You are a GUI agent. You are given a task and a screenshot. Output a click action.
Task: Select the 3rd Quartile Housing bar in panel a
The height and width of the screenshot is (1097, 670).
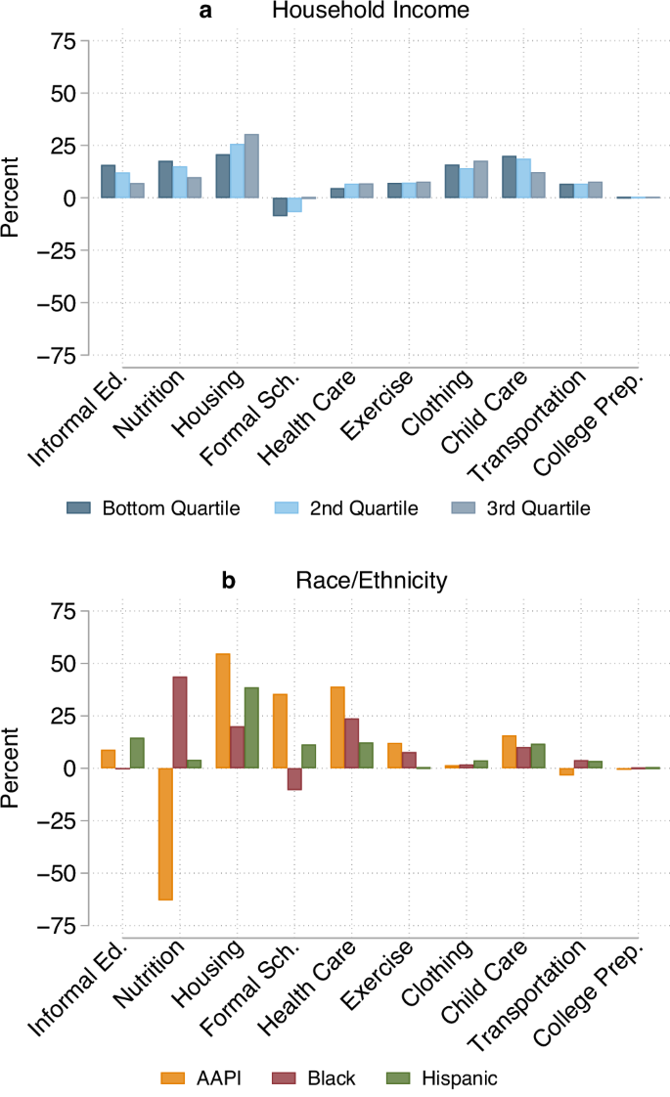pyautogui.click(x=251, y=165)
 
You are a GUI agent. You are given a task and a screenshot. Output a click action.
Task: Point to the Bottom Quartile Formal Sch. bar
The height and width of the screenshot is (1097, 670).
pyautogui.click(x=280, y=206)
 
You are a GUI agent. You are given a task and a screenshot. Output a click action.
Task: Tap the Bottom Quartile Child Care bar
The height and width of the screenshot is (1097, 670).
pyautogui.click(x=509, y=177)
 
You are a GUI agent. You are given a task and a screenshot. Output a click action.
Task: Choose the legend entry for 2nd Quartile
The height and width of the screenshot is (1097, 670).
pyautogui.click(x=365, y=507)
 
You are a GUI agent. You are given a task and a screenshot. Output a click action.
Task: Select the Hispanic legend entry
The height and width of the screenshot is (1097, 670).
pyautogui.click(x=459, y=1078)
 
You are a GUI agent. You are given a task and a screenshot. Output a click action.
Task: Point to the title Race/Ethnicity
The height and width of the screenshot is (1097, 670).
pyautogui.click(x=371, y=581)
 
